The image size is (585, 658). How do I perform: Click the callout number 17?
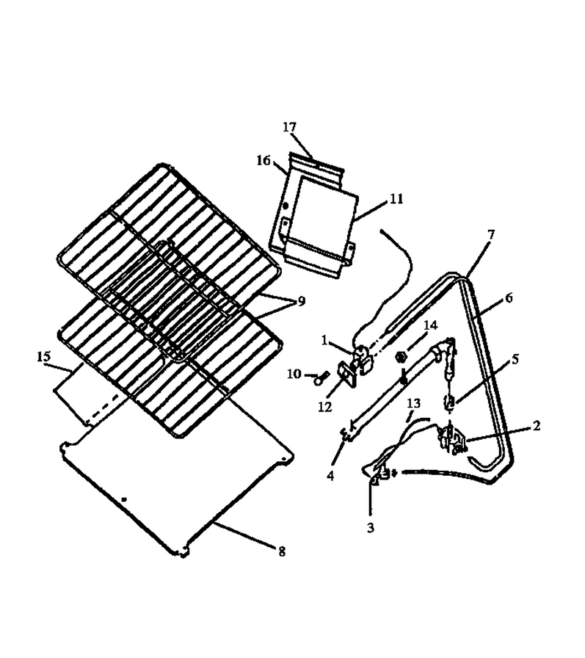pyautogui.click(x=289, y=127)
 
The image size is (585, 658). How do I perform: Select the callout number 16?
pyautogui.click(x=264, y=160)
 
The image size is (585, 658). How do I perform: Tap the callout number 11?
pyautogui.click(x=396, y=198)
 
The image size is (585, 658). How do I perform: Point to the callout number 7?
pyautogui.click(x=491, y=234)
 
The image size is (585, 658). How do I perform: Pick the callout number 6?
pyautogui.click(x=509, y=298)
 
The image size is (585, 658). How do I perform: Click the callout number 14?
pyautogui.click(x=431, y=325)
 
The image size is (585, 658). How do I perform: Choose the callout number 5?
pyautogui.click(x=515, y=359)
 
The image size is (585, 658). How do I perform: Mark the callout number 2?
pyautogui.click(x=537, y=426)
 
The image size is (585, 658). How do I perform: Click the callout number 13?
pyautogui.click(x=413, y=403)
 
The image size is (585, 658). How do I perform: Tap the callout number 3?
pyautogui.click(x=370, y=528)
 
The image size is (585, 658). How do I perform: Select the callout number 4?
pyautogui.click(x=330, y=476)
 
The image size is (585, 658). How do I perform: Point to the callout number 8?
pyautogui.click(x=282, y=552)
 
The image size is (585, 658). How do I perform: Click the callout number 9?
pyautogui.click(x=302, y=301)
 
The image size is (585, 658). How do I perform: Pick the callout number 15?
pyautogui.click(x=43, y=357)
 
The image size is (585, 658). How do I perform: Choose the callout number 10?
pyautogui.click(x=294, y=374)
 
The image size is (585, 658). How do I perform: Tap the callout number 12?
pyautogui.click(x=325, y=407)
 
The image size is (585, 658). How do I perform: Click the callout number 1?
pyautogui.click(x=324, y=340)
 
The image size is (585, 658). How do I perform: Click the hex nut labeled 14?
pyautogui.click(x=401, y=358)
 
